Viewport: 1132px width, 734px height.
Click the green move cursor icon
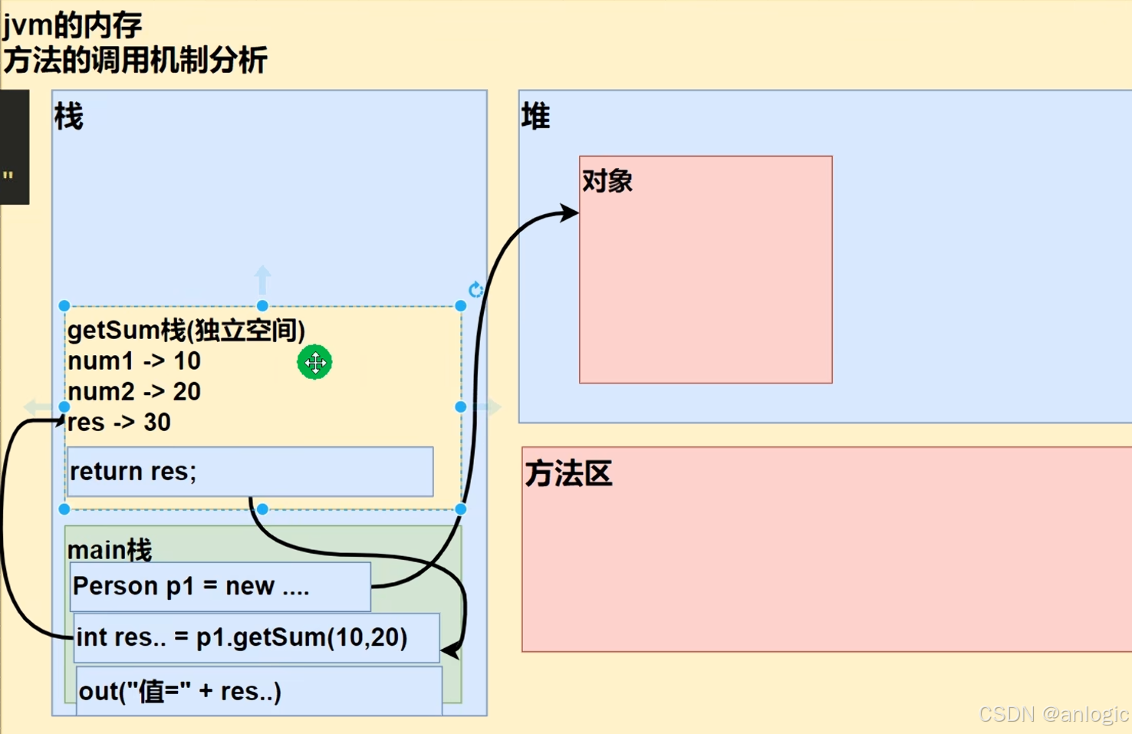pyautogui.click(x=314, y=362)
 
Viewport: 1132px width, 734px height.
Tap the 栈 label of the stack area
pyautogui.click(x=68, y=117)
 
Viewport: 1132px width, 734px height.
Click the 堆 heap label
pyautogui.click(x=535, y=117)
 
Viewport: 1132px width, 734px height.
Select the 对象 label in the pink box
pyautogui.click(x=607, y=181)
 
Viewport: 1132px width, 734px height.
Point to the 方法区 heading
pyautogui.click(x=568, y=473)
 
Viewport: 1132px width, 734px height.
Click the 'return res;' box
pyautogui.click(x=250, y=471)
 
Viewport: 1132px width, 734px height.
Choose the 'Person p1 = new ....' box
pyautogui.click(x=220, y=587)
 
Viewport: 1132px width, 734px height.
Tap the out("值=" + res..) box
pyautogui.click(x=258, y=690)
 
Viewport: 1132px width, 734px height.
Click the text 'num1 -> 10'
pyautogui.click(x=134, y=360)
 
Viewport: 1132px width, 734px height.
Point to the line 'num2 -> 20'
pyautogui.click(x=134, y=391)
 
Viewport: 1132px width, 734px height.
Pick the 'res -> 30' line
pyautogui.click(x=119, y=422)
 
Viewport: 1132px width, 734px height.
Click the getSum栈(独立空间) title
pyautogui.click(x=186, y=330)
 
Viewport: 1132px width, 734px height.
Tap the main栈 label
pyautogui.click(x=110, y=549)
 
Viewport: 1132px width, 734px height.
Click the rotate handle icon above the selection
pyautogui.click(x=476, y=289)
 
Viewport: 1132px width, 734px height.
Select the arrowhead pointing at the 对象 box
pyautogui.click(x=570, y=212)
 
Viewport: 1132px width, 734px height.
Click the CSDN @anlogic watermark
pyautogui.click(x=1053, y=714)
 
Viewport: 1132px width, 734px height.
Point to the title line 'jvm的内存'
pyautogui.click(x=72, y=25)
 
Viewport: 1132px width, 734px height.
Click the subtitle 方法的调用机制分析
pyautogui.click(x=135, y=60)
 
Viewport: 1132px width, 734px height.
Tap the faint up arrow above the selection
pyautogui.click(x=262, y=279)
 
